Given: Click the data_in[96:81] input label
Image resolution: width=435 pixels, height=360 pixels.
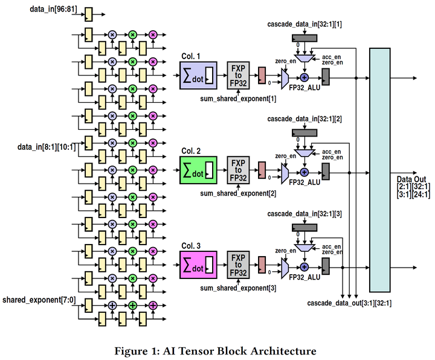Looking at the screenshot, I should click(53, 10).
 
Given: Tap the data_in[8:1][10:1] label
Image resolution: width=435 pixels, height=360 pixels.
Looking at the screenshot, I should click(47, 147).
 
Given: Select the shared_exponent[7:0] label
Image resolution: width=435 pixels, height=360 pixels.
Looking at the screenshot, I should click(39, 300).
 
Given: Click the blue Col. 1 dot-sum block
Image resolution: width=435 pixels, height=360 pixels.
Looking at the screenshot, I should click(198, 76).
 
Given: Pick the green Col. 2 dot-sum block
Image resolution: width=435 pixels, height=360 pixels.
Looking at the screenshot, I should click(198, 170).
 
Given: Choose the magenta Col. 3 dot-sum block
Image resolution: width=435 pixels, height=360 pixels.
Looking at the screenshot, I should click(198, 266).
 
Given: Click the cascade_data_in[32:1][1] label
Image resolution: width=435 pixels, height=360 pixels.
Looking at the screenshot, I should click(304, 24).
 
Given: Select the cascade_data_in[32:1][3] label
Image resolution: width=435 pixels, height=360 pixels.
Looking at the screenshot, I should click(304, 214).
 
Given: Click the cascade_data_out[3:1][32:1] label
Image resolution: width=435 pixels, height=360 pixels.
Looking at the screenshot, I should click(349, 302).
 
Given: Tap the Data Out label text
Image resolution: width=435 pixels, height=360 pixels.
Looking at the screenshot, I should click(412, 179).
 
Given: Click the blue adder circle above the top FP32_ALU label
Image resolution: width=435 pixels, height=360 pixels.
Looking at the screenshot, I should click(304, 77).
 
